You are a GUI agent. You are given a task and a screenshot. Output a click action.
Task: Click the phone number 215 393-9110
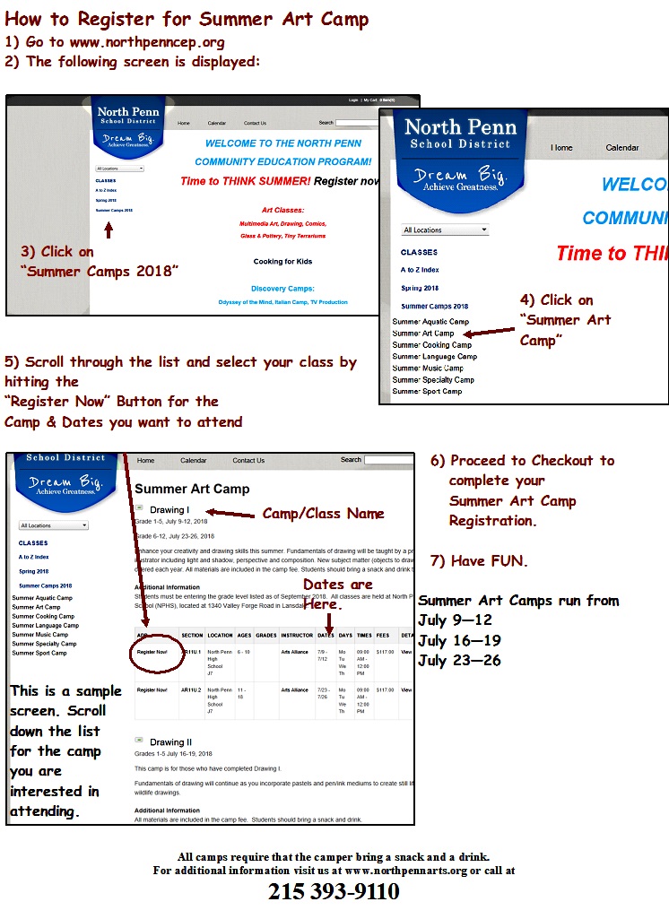pyautogui.click(x=334, y=892)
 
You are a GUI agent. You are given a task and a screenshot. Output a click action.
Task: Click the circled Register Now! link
pyautogui.click(x=153, y=652)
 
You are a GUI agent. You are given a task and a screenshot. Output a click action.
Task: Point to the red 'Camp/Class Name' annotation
pyautogui.click(x=323, y=514)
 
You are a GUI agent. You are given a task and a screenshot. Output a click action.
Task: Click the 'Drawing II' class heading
pyautogui.click(x=170, y=742)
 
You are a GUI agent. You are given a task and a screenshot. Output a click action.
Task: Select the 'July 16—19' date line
pyautogui.click(x=459, y=641)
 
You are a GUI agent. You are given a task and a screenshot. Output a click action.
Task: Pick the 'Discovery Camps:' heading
pyautogui.click(x=282, y=289)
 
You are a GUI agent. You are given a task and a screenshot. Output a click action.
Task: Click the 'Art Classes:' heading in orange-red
pyautogui.click(x=282, y=209)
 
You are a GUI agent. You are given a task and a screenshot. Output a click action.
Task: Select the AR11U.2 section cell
pyautogui.click(x=192, y=690)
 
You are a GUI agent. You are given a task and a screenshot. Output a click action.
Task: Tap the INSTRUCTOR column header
pyautogui.click(x=297, y=635)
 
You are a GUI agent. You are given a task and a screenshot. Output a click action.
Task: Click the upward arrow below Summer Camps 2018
pyautogui.click(x=109, y=230)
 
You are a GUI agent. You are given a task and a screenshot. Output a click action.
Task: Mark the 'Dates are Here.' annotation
pyautogui.click(x=336, y=594)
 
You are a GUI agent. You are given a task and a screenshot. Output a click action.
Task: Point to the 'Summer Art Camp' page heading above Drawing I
pyautogui.click(x=192, y=490)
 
